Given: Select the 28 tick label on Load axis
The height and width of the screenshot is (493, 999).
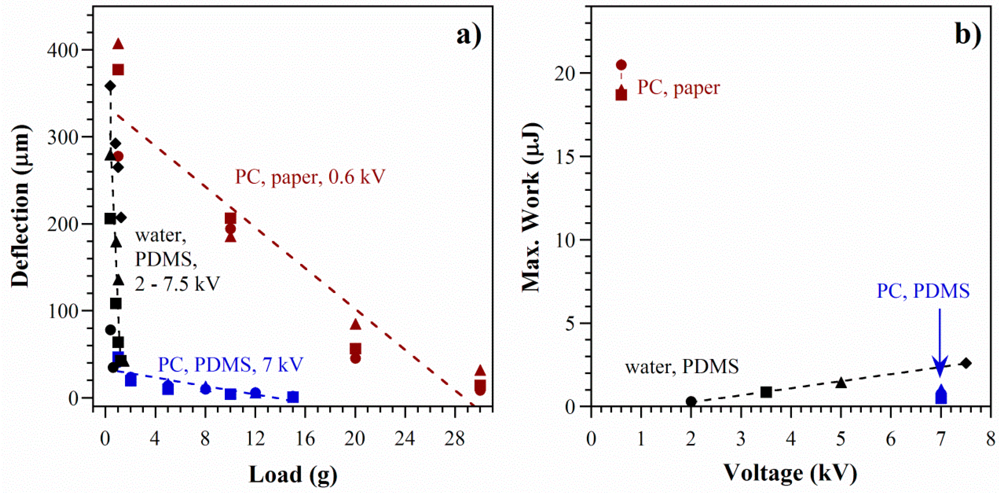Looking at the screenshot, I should point(455,439).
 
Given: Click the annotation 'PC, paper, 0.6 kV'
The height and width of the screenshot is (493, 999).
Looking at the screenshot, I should point(310,177).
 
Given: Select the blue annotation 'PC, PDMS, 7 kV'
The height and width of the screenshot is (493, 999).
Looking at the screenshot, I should point(231,365).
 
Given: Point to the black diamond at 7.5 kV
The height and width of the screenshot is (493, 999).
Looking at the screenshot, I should point(966,363).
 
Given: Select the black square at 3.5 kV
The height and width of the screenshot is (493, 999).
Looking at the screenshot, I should point(766,392).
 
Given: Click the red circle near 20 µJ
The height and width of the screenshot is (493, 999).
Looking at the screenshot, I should point(621,65).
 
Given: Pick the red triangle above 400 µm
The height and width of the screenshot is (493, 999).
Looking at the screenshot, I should point(118,44).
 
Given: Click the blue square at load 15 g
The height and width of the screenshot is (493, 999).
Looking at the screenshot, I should point(293,397).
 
